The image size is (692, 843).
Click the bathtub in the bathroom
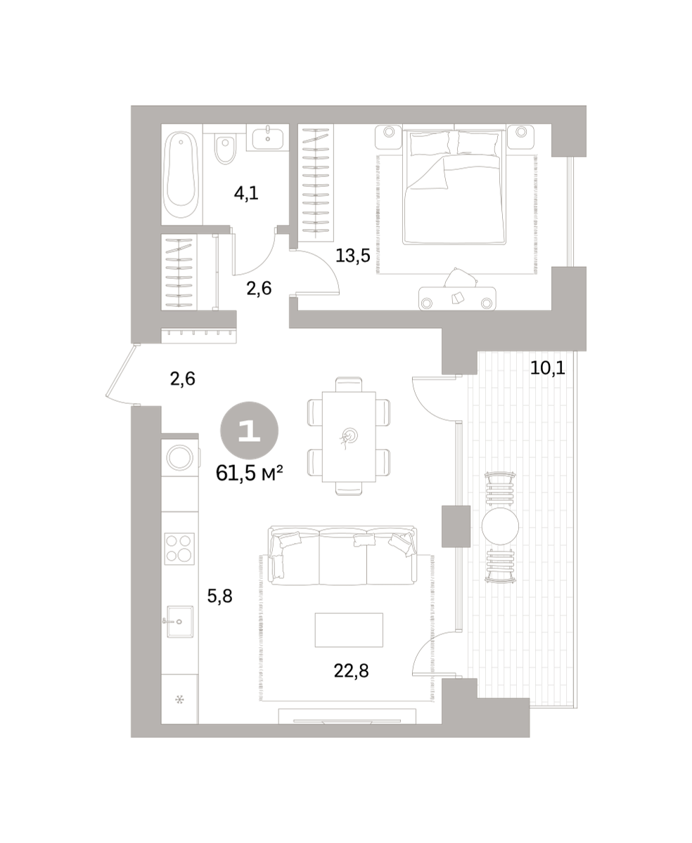point(181,175)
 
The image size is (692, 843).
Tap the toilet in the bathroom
point(225,149)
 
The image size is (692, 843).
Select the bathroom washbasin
point(268,137)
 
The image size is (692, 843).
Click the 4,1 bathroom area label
point(246,193)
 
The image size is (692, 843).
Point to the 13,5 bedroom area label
point(352,256)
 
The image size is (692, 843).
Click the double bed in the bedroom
point(454,187)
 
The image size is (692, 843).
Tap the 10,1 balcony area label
point(548,367)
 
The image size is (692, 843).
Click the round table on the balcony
point(500,526)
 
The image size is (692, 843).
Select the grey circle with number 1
point(250,431)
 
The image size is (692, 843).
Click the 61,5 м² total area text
point(250,474)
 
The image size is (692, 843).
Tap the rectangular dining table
point(349,437)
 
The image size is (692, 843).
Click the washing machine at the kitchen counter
point(180,457)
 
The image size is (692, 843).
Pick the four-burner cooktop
point(179,549)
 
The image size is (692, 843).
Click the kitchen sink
point(180,622)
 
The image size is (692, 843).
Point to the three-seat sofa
point(343,556)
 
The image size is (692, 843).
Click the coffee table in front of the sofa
point(349,630)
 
